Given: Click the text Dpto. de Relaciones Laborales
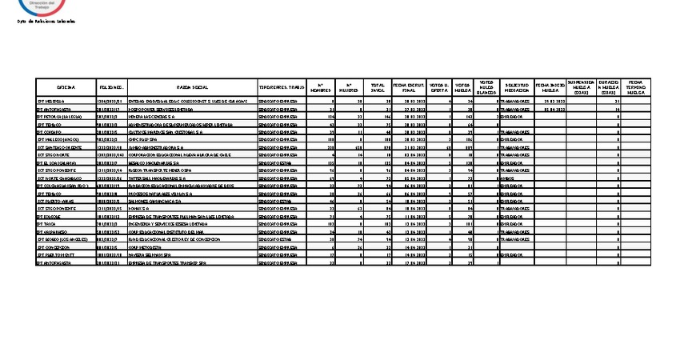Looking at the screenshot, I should click(46, 22).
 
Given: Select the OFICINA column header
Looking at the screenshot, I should click(65, 86).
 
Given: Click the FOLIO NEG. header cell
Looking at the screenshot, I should click(110, 86).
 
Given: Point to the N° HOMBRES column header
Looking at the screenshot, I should click(319, 86).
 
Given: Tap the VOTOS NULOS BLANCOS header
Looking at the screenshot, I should click(486, 86).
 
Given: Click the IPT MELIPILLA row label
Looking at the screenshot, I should click(50, 102).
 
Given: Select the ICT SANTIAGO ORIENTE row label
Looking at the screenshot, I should click(58, 147).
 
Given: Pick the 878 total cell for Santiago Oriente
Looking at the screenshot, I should click(382, 147).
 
